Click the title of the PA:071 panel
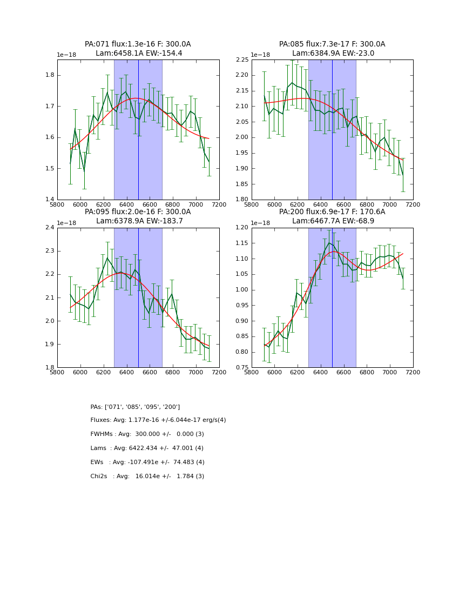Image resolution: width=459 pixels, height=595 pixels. pos(138,49)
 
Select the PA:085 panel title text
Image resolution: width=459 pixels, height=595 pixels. pos(332,49)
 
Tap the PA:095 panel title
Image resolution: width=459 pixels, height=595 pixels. pos(138,216)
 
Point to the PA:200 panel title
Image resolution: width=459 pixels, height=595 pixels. pos(332,216)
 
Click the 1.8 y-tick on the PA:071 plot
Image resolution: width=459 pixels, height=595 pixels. pos(50,75)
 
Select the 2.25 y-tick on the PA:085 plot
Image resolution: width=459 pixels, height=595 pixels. pos(242,60)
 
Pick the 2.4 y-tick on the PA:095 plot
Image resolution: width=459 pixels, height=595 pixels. pos(50,228)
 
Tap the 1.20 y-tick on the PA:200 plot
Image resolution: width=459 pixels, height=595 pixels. pos(242,228)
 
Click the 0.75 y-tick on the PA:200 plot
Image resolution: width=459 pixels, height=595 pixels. pos(242,368)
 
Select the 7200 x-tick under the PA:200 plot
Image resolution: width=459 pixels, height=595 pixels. pos(413,372)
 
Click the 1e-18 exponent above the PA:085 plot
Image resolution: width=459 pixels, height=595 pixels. pos(260,55)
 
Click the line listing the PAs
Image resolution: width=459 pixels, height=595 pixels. pos(135,407)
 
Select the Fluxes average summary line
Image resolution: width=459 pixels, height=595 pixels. pos(158,420)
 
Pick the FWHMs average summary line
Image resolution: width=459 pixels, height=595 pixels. pos(147,434)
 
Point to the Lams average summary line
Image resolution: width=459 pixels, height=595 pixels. pos(147,448)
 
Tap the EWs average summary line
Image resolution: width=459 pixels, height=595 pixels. pos(147,462)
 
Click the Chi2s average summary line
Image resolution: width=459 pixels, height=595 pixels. pos(147,477)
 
